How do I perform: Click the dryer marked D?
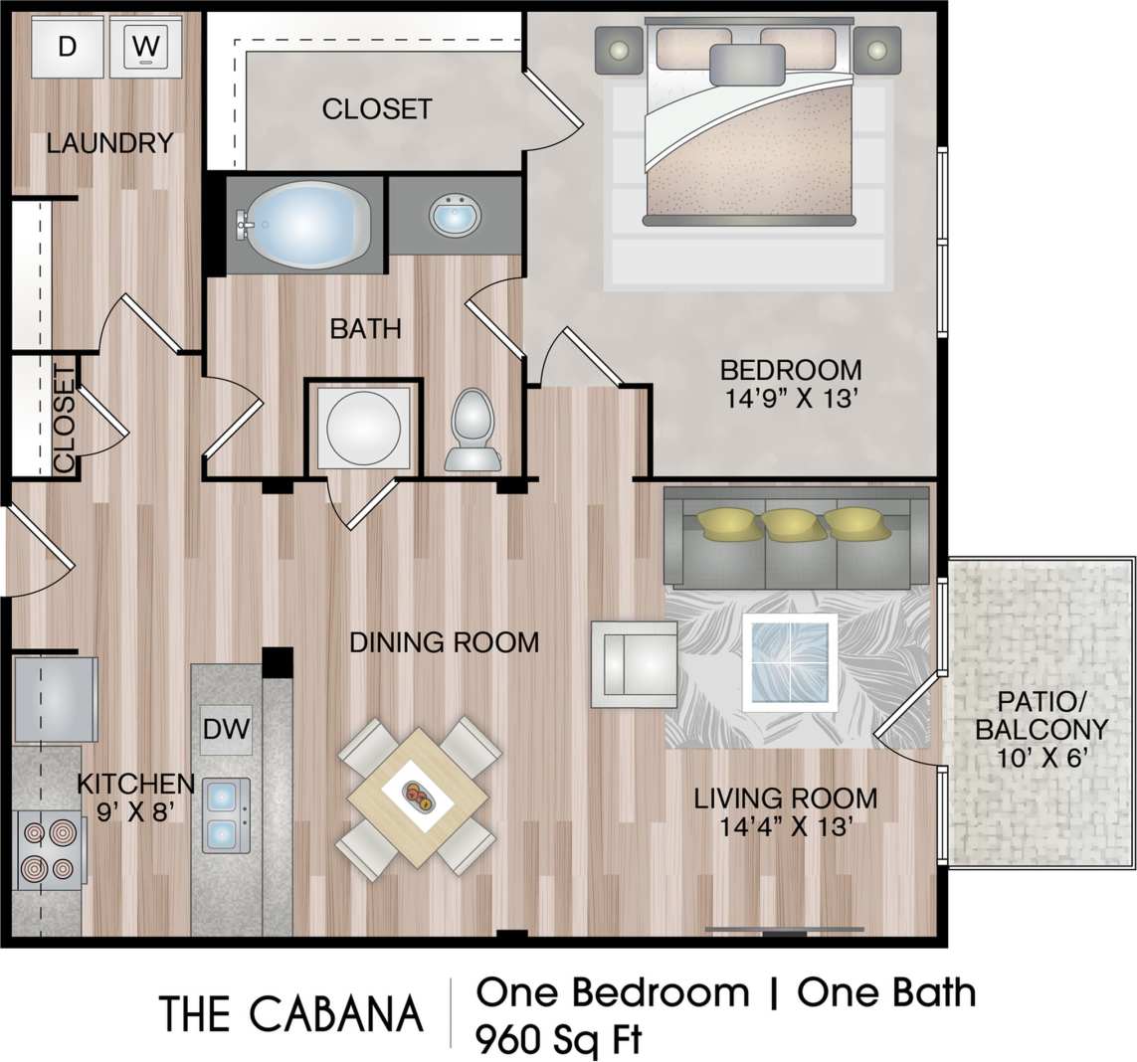coord(67,46)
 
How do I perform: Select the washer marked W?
coord(145,46)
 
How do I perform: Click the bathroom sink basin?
coord(455,214)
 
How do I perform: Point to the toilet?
coord(473,429)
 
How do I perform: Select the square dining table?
coord(418,796)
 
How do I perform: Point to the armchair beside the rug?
coord(633,663)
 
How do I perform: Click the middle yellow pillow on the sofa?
coord(792,523)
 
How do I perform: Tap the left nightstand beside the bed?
coord(619,50)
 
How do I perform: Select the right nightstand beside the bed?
coord(876,50)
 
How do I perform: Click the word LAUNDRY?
coord(109,143)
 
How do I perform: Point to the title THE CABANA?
coord(290,1013)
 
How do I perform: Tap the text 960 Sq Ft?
coord(559,1039)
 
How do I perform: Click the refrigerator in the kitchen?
coord(55,698)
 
